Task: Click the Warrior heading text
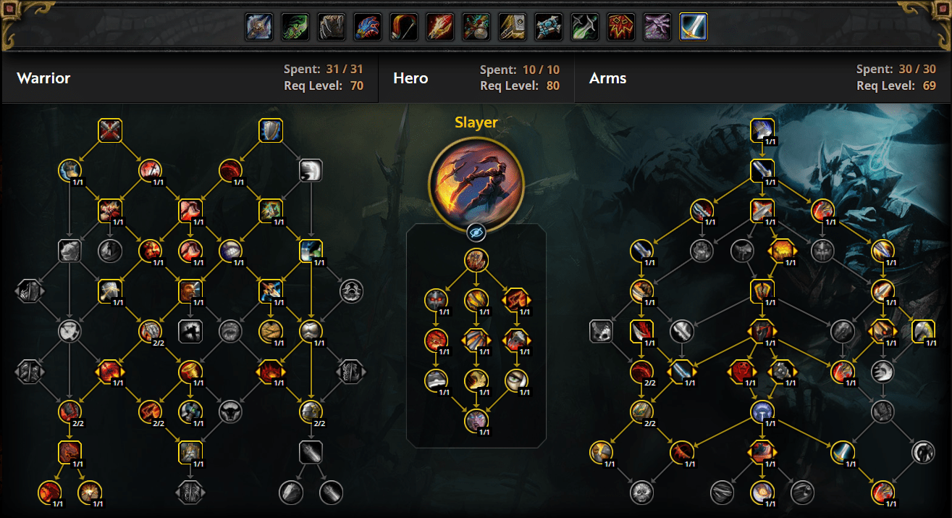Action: [43, 78]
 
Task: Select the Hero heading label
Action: [410, 78]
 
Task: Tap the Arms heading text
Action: [607, 78]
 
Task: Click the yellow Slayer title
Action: [476, 122]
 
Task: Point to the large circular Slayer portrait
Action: [476, 184]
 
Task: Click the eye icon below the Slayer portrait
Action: [476, 233]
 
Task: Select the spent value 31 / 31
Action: [345, 70]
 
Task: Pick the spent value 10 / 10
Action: [541, 70]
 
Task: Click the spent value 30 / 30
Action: [917, 70]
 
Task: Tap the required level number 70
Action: [357, 86]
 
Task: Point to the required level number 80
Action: [553, 86]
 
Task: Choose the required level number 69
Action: [929, 86]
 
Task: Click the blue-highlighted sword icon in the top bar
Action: [693, 27]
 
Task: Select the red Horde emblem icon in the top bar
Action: [621, 27]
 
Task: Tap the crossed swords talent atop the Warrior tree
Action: [110, 130]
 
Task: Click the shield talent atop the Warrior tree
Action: [271, 130]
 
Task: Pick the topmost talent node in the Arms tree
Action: [762, 130]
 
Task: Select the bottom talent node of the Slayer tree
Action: [476, 421]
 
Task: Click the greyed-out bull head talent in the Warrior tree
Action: [230, 412]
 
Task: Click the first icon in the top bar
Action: [259, 27]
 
